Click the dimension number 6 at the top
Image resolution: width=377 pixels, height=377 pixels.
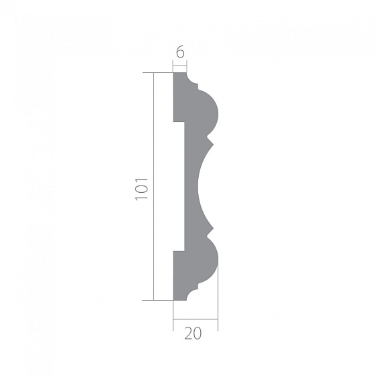(179, 50)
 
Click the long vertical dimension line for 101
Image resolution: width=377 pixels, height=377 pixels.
(155, 186)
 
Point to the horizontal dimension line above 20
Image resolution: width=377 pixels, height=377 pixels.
(195, 320)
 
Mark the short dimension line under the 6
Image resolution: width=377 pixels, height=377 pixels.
(179, 64)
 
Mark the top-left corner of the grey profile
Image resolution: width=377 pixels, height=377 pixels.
(174, 74)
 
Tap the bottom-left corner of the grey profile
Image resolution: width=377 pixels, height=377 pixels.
(174, 299)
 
